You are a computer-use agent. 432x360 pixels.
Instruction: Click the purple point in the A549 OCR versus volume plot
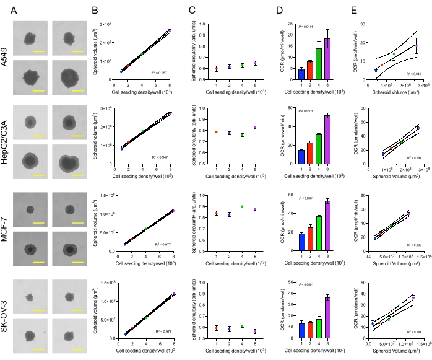pos(417,46)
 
